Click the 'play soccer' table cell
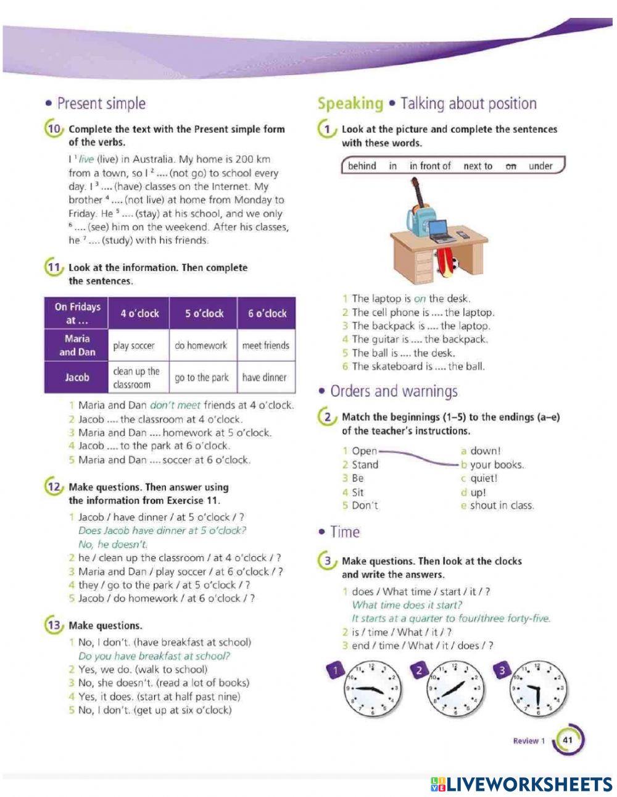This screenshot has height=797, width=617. point(134,346)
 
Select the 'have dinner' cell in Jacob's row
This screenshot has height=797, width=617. point(265,377)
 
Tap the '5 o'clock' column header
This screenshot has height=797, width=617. point(204,314)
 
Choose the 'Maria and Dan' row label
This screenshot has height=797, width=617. point(77,346)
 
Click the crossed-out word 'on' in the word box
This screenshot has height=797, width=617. point(510,166)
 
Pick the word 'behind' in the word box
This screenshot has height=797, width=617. point(362,166)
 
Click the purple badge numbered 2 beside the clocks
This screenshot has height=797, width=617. point(420,670)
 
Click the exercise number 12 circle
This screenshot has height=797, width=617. point(53,486)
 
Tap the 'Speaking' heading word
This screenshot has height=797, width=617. point(350,104)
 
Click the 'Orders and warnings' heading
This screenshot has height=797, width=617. point(394,391)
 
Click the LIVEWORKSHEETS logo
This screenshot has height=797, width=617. point(521,784)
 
